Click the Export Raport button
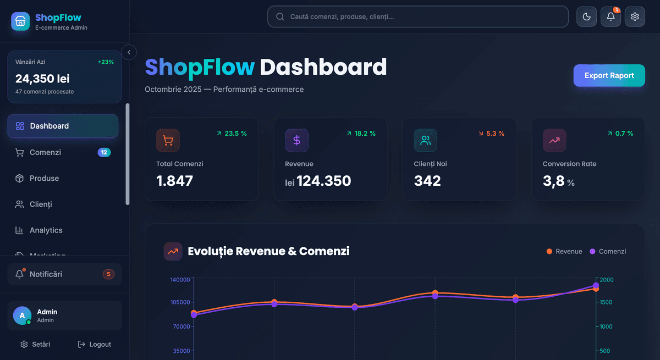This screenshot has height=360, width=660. (x=609, y=76)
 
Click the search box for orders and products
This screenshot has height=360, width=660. (x=418, y=16)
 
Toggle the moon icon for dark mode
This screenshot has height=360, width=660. (x=586, y=16)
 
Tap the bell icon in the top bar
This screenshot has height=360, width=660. (x=610, y=16)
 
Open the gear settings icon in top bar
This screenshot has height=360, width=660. (x=635, y=16)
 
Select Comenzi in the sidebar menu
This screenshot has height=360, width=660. (x=45, y=152)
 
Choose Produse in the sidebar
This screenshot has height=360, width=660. (x=44, y=178)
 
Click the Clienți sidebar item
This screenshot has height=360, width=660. (x=41, y=204)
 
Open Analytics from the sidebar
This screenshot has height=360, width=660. (x=46, y=230)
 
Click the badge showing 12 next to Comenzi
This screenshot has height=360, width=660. (x=104, y=152)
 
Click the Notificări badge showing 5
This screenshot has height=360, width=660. (x=108, y=274)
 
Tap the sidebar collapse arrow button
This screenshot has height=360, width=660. (x=129, y=52)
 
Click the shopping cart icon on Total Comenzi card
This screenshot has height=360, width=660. (x=168, y=140)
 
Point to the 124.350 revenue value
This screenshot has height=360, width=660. (x=323, y=181)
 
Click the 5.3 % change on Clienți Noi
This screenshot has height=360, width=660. (x=491, y=134)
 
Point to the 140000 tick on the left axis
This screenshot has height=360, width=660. (x=180, y=280)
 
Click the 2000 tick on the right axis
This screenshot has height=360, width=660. (x=606, y=280)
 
